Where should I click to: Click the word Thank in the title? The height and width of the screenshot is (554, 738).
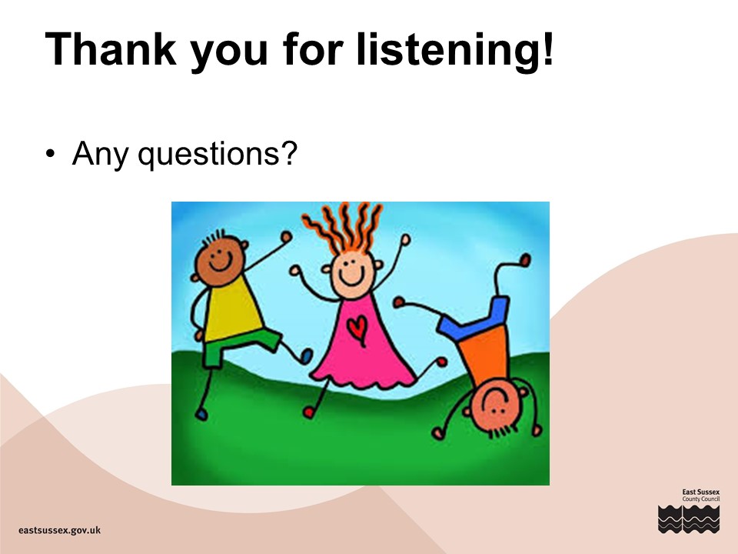click(111, 49)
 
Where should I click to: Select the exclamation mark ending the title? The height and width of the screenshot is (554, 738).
click(547, 48)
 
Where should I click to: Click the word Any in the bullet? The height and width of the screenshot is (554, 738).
click(100, 154)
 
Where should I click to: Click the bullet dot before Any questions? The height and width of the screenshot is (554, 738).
click(51, 154)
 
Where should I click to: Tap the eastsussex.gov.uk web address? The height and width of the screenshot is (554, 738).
click(59, 530)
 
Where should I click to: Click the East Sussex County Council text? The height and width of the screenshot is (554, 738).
click(701, 495)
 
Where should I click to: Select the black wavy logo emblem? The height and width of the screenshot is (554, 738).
click(689, 519)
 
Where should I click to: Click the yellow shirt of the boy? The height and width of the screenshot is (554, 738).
click(232, 309)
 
